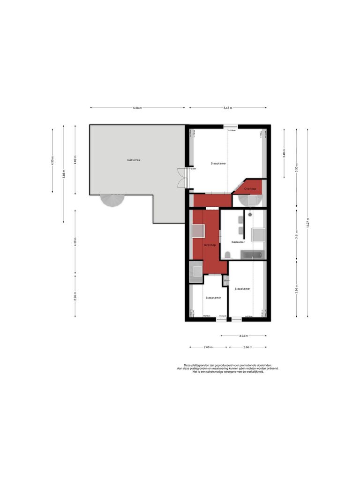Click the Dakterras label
click(134, 160)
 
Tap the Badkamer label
click(238, 242)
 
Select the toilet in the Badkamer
click(227, 255)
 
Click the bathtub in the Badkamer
click(253, 255)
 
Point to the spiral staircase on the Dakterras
click(113, 202)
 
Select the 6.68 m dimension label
click(137, 108)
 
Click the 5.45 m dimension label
click(228, 108)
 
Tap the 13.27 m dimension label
click(308, 224)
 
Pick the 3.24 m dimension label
click(243, 336)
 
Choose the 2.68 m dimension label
click(208, 347)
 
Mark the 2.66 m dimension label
click(247, 347)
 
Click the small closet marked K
click(225, 280)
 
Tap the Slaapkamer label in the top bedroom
click(219, 164)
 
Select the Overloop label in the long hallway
click(210, 245)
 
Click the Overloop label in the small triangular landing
click(250, 188)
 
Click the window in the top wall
click(230, 126)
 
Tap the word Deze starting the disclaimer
click(188, 365)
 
